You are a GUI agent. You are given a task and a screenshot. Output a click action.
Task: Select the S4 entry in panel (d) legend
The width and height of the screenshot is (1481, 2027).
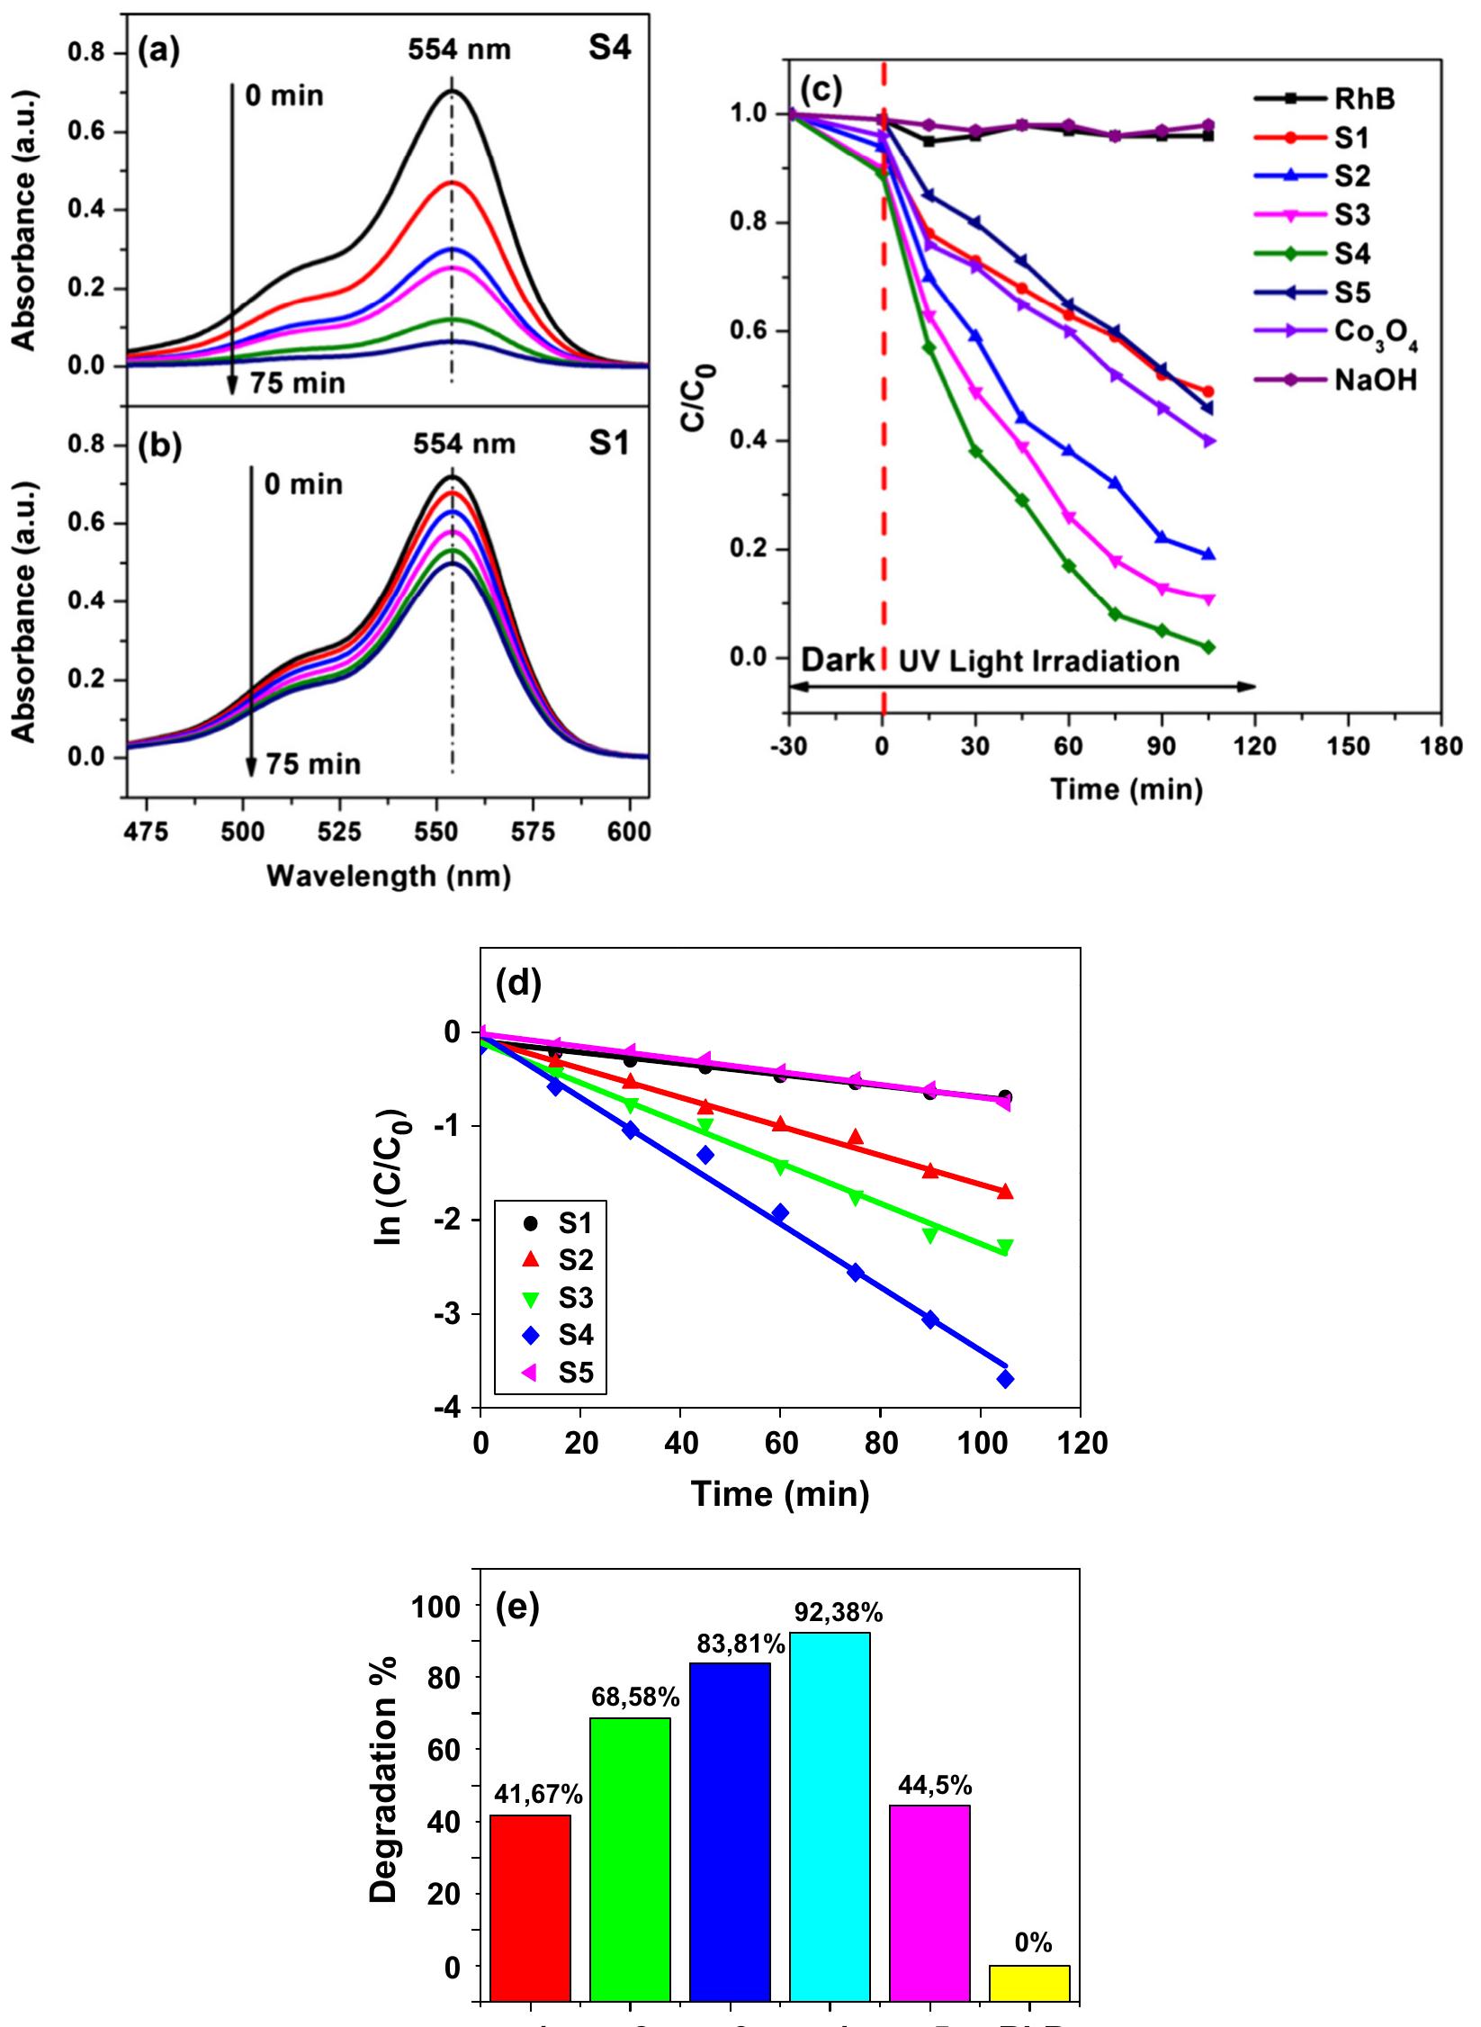575,1334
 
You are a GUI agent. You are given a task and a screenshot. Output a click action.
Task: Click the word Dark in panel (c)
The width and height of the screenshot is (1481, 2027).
837,662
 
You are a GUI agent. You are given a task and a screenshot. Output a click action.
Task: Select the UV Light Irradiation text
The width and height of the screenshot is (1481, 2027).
1038,662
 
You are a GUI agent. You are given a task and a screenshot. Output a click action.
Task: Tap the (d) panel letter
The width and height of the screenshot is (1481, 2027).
518,986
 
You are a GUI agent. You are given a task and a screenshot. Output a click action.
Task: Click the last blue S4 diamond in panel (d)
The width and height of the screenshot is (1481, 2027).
1005,1379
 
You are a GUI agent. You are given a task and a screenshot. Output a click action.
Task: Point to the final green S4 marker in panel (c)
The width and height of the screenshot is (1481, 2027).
1208,647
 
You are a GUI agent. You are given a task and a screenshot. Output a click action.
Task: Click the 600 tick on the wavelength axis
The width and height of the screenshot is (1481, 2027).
629,833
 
